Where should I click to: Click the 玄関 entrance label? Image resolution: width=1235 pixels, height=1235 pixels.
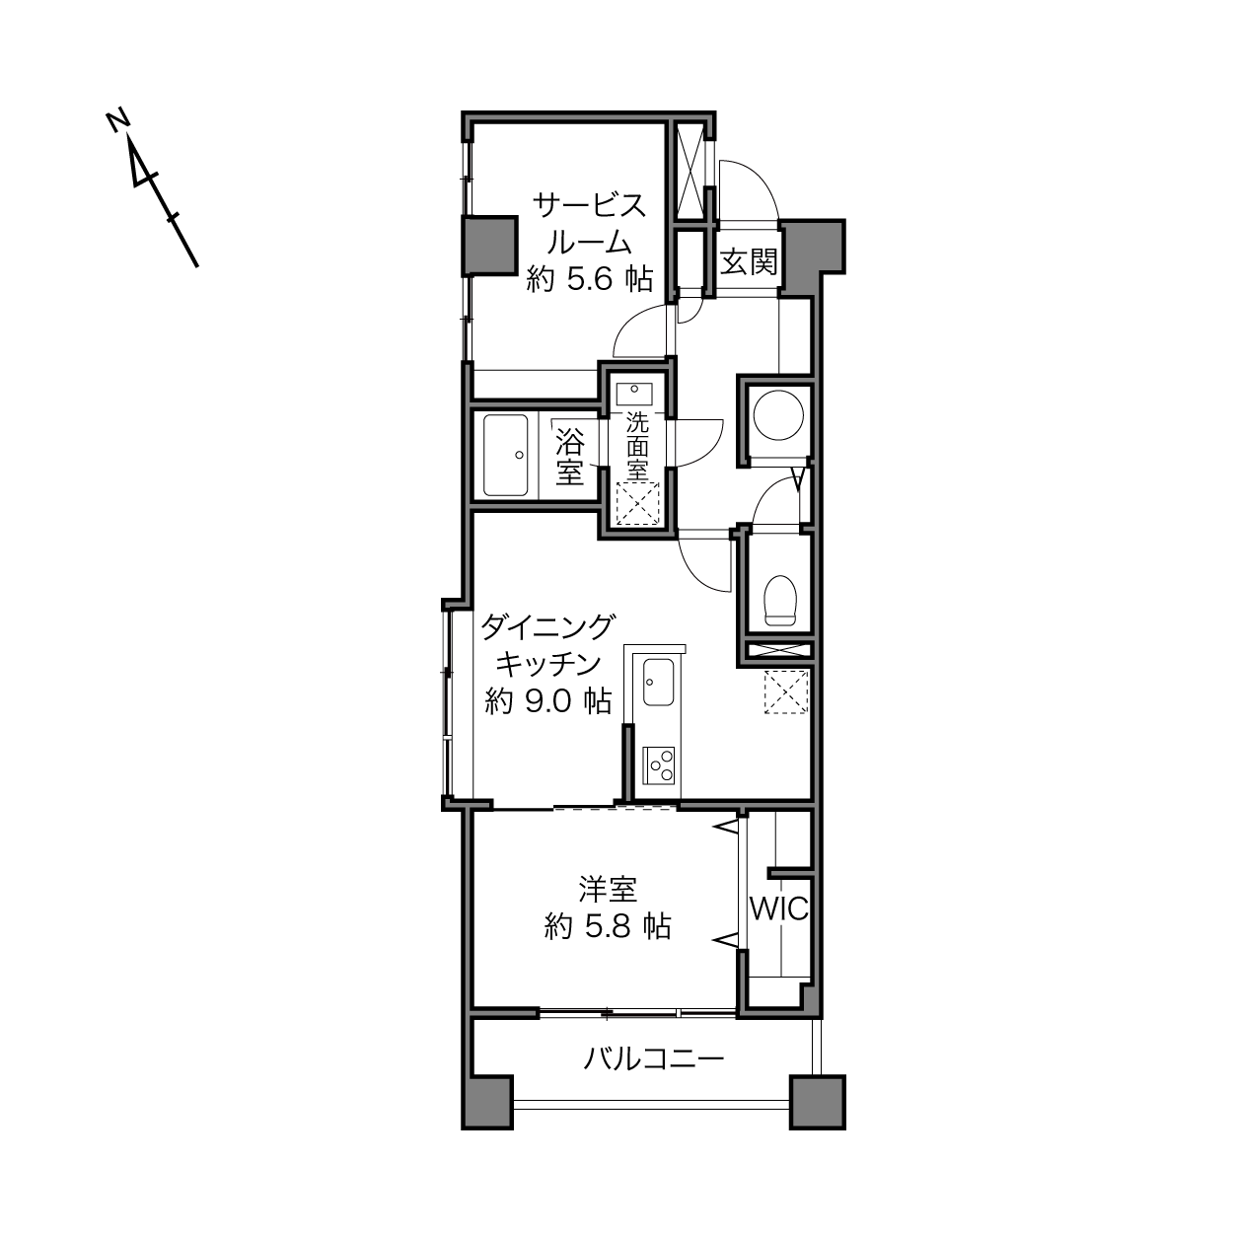click(748, 261)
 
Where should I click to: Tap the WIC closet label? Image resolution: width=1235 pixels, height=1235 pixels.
click(778, 908)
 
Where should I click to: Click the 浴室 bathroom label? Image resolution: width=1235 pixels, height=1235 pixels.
click(570, 457)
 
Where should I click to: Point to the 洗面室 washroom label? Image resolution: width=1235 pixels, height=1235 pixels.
click(637, 446)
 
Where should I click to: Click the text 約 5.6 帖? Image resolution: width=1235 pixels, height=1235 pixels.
click(590, 279)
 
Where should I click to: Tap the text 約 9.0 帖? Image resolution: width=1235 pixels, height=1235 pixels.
click(547, 701)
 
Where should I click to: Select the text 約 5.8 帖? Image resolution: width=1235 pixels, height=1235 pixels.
click(608, 926)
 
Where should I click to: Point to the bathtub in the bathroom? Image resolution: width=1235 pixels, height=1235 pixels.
click(506, 455)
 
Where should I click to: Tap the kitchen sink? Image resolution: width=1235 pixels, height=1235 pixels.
click(658, 682)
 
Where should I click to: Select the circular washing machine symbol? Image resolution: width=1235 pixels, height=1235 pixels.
click(778, 415)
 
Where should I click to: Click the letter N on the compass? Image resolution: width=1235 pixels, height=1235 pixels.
click(118, 121)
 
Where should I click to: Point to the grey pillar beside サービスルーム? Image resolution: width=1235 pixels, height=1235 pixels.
click(491, 246)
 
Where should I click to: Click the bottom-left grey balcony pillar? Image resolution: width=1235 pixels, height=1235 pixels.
click(487, 1102)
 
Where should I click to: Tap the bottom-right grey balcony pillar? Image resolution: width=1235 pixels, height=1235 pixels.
click(817, 1102)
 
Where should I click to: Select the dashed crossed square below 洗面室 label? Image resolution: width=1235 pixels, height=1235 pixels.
click(637, 504)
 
